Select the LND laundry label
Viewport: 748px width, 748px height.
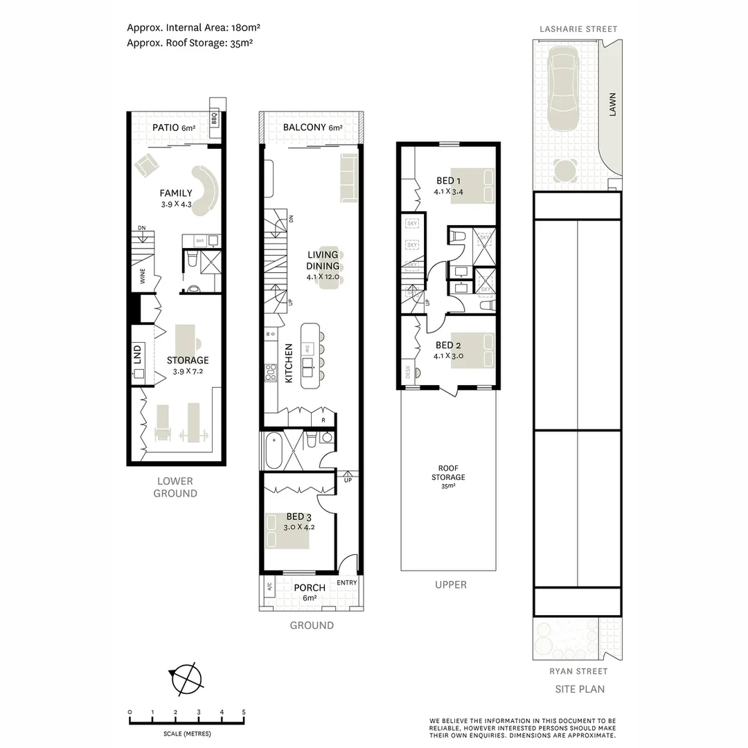point(137,355)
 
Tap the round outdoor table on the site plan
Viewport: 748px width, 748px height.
point(566,168)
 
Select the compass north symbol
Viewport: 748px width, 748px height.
point(184,678)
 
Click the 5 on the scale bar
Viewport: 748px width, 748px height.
point(243,712)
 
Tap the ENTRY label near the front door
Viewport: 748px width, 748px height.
point(347,582)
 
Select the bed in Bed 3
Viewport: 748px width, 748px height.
point(288,530)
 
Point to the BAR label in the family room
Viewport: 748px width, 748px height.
point(199,240)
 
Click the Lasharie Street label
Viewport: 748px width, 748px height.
point(579,29)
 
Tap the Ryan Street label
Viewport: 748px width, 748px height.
point(578,671)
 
